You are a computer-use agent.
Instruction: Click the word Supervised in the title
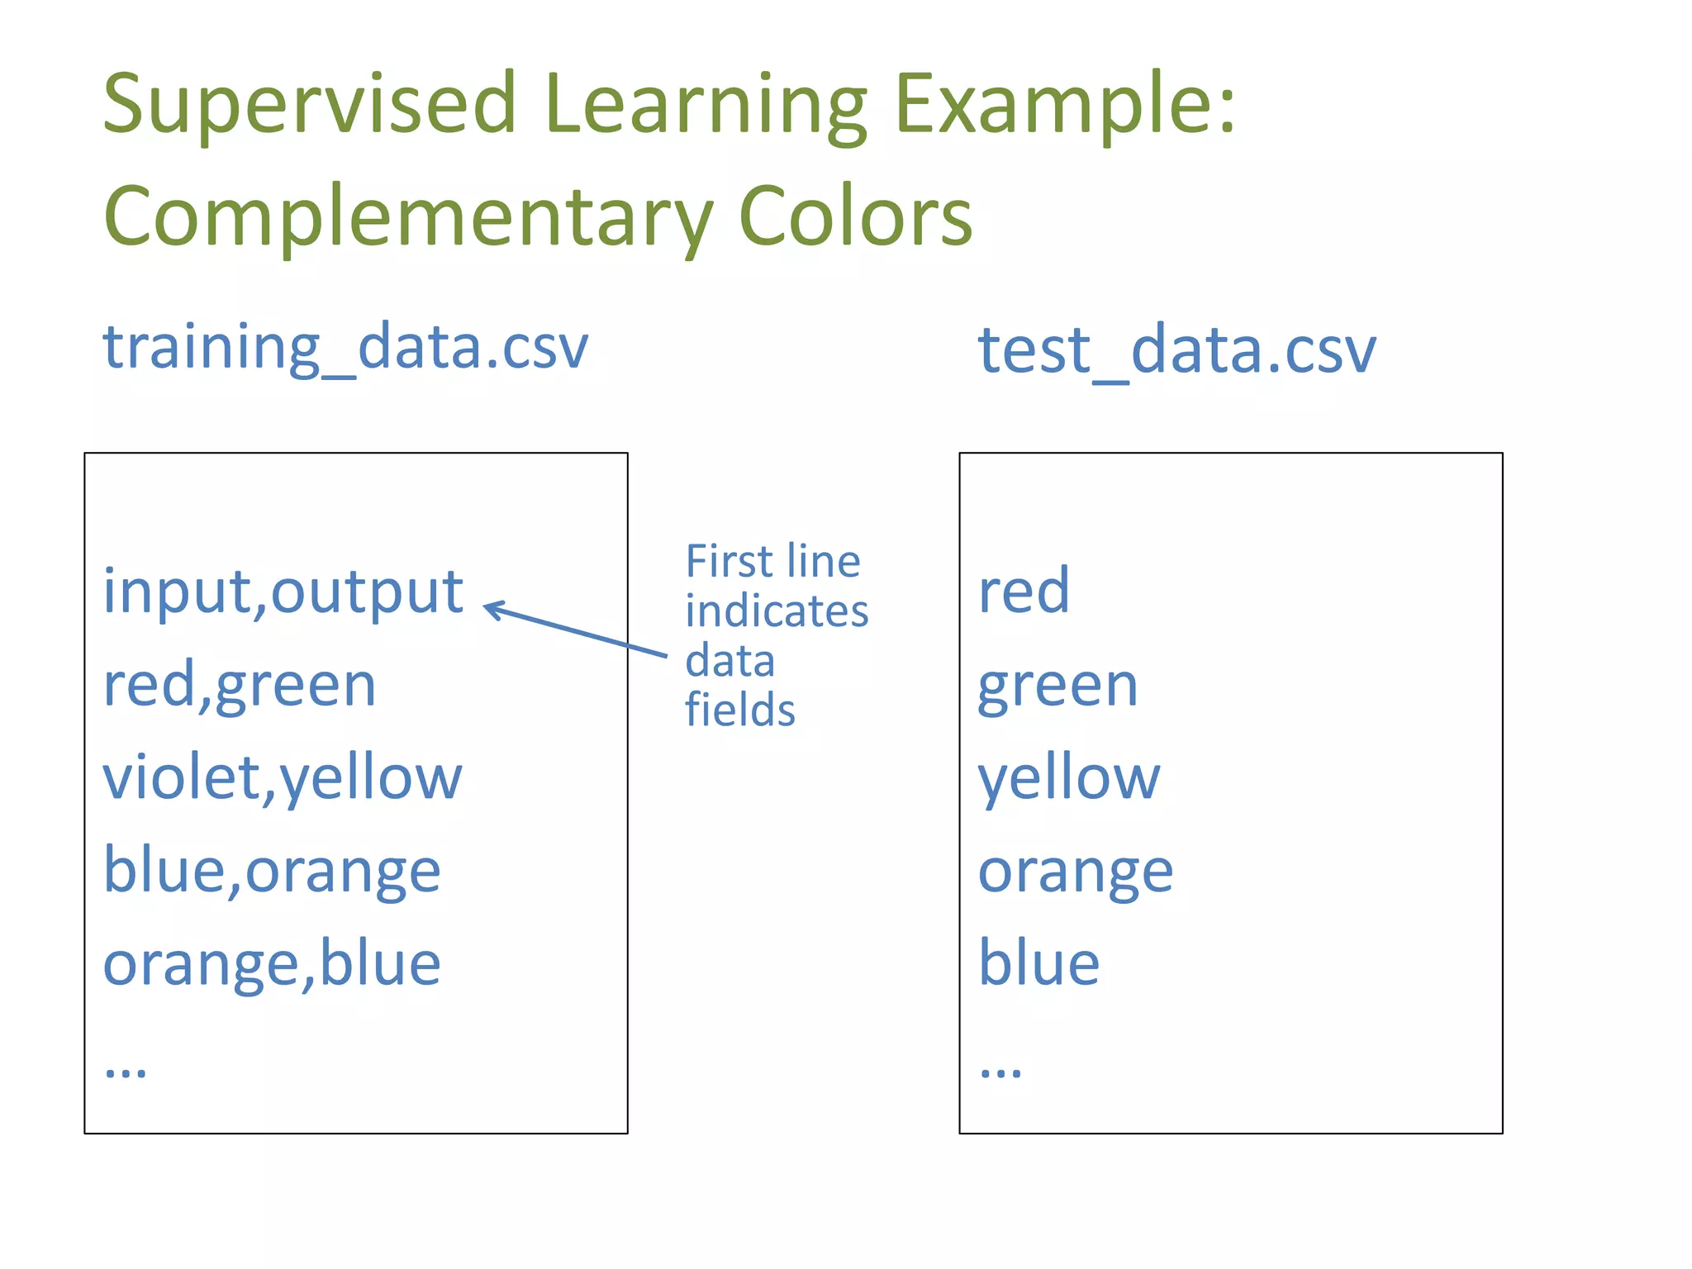coord(309,106)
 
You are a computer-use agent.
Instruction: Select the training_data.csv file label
coord(345,347)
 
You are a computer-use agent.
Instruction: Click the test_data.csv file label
coord(1176,351)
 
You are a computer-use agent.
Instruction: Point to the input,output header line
coord(283,592)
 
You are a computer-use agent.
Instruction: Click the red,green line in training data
coord(240,686)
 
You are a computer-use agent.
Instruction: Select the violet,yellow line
coord(283,779)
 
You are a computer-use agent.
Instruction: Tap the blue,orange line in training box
coord(272,872)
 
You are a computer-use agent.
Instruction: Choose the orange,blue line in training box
coord(272,964)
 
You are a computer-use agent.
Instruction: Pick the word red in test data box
coord(1024,592)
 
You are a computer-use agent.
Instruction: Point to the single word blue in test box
coord(1038,964)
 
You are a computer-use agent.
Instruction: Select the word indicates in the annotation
coord(777,612)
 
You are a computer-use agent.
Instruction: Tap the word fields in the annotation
coord(739,711)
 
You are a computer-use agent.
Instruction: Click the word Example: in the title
coord(1065,106)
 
